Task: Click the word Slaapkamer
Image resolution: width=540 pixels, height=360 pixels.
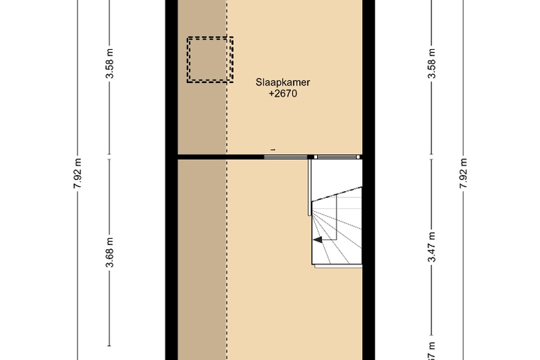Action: [x=282, y=82]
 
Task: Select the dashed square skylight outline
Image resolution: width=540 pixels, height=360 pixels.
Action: [x=210, y=60]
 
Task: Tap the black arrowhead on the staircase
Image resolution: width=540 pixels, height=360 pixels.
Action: [x=316, y=240]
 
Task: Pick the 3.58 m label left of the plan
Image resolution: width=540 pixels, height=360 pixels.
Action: [x=110, y=65]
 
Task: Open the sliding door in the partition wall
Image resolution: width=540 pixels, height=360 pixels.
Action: [x=285, y=157]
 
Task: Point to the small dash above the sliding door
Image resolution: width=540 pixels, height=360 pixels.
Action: [x=273, y=150]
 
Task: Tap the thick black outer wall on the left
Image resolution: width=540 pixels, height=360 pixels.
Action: [x=171, y=208]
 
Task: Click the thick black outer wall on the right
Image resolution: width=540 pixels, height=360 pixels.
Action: [x=369, y=208]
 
